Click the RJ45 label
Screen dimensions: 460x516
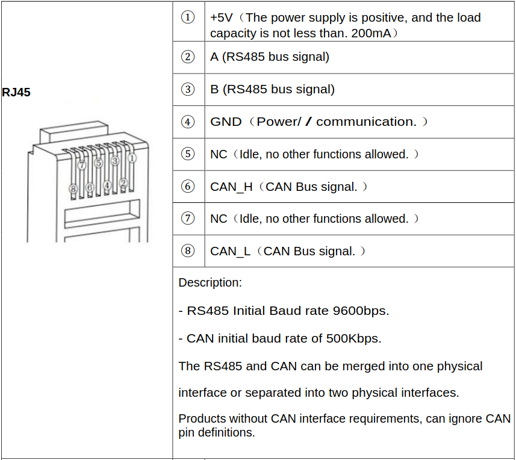coord(16,93)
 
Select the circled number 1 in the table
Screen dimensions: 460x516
coord(188,17)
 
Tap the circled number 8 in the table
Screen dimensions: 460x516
coord(188,251)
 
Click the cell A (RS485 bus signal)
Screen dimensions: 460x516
coord(270,57)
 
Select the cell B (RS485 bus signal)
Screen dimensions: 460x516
coord(272,89)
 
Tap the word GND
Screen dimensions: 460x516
coord(226,122)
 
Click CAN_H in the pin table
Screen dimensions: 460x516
coord(231,187)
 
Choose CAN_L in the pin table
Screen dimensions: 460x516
coord(230,251)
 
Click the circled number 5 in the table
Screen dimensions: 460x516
coord(188,154)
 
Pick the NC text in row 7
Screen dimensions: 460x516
coord(218,219)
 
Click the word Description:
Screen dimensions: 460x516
coord(210,282)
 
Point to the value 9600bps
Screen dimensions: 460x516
coord(360,311)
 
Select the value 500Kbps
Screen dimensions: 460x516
coord(353,338)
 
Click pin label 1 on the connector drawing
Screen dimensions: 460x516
coord(132,158)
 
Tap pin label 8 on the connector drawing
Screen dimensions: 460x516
coord(73,189)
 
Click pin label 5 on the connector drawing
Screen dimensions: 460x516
coord(98,163)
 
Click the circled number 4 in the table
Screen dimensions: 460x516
coord(188,122)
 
